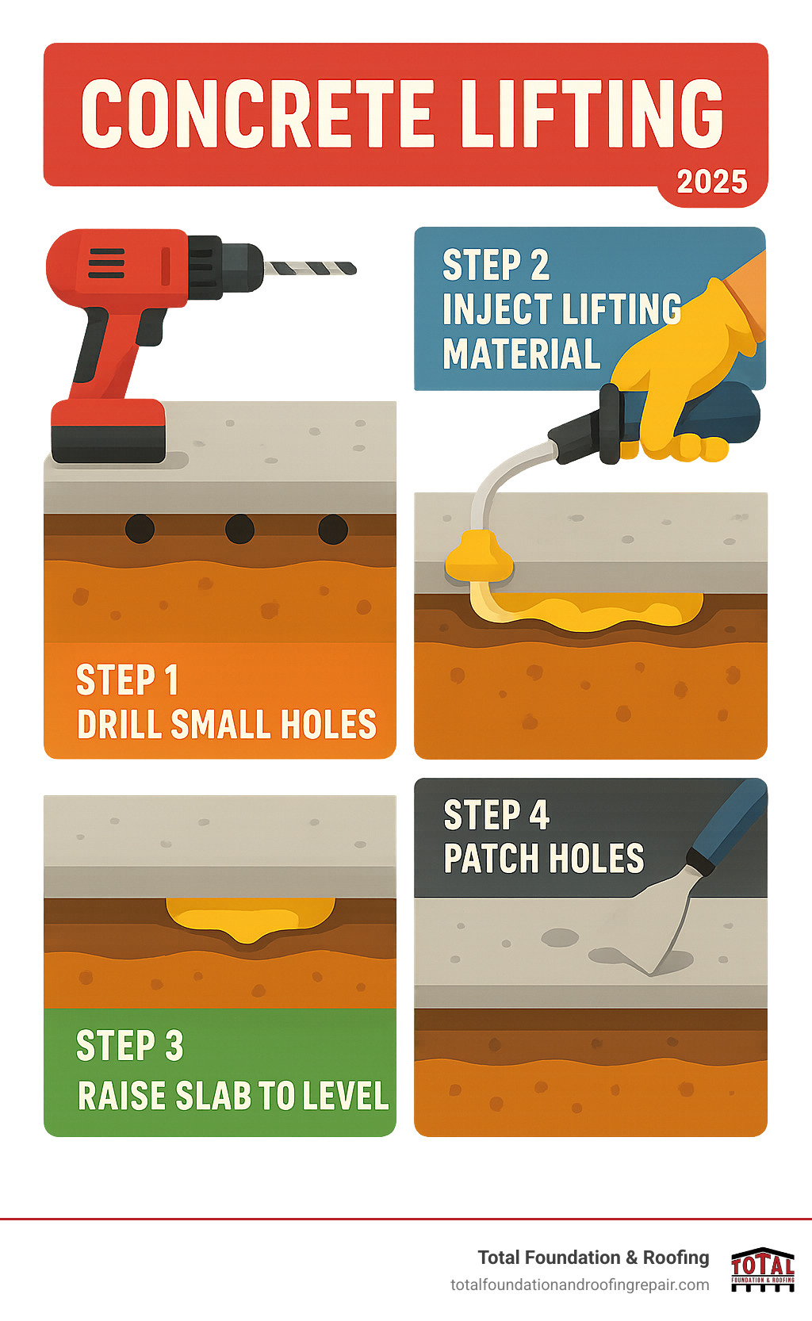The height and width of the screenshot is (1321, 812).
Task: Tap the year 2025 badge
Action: [711, 182]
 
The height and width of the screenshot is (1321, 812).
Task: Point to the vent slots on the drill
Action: [106, 263]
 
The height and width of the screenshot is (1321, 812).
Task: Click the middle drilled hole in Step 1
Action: [239, 529]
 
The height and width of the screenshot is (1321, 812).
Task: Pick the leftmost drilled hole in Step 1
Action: [140, 529]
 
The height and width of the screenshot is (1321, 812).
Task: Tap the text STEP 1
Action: [127, 680]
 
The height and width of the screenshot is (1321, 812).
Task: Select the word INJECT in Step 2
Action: [486, 309]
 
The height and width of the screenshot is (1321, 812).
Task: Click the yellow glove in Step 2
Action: [682, 373]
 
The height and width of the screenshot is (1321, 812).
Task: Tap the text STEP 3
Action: [130, 1046]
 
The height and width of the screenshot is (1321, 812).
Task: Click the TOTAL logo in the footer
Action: [762, 1269]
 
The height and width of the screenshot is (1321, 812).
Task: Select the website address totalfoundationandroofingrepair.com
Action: [580, 1285]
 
